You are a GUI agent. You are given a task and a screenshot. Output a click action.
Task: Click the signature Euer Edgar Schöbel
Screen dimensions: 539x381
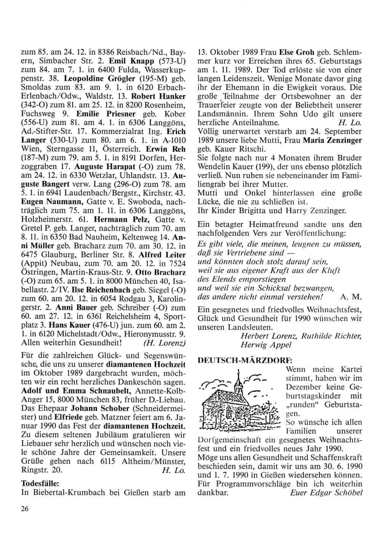pyautogui.click(x=326, y=492)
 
